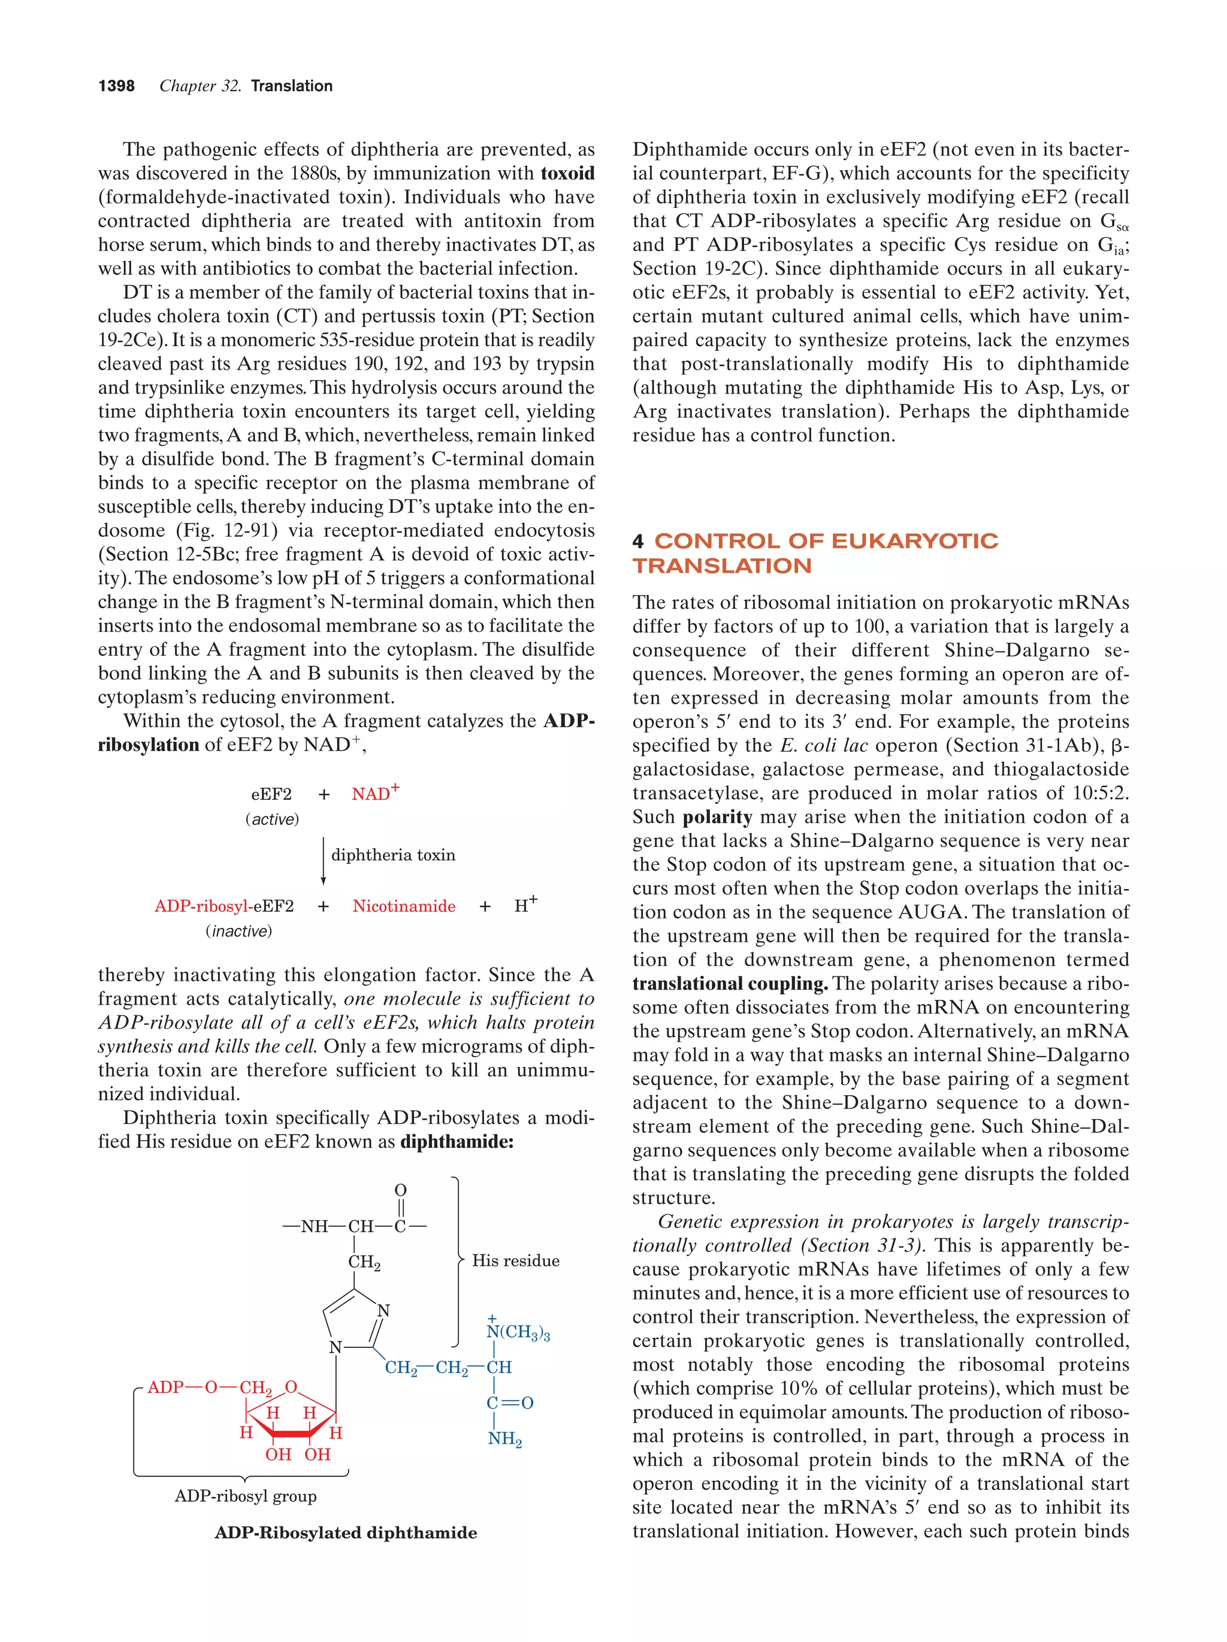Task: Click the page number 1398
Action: pyautogui.click(x=117, y=86)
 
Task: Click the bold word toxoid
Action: pyautogui.click(x=567, y=174)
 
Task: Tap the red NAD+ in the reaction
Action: pyautogui.click(x=375, y=794)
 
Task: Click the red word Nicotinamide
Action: pyautogui.click(x=404, y=906)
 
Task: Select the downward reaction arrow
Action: pyautogui.click(x=323, y=860)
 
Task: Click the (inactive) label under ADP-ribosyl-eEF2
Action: pyautogui.click(x=239, y=932)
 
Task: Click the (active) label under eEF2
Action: pyautogui.click(x=273, y=820)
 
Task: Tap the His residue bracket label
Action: pyautogui.click(x=516, y=1261)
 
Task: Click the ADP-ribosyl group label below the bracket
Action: pyautogui.click(x=246, y=1496)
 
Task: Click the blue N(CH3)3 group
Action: pyautogui.click(x=518, y=1332)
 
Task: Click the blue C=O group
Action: pyautogui.click(x=510, y=1403)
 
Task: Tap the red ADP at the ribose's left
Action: pyautogui.click(x=165, y=1387)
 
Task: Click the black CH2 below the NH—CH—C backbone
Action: pyautogui.click(x=364, y=1263)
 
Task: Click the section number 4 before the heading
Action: pyautogui.click(x=637, y=541)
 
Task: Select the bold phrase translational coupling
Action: pyautogui.click(x=730, y=984)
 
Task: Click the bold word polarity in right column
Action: pyautogui.click(x=717, y=817)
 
